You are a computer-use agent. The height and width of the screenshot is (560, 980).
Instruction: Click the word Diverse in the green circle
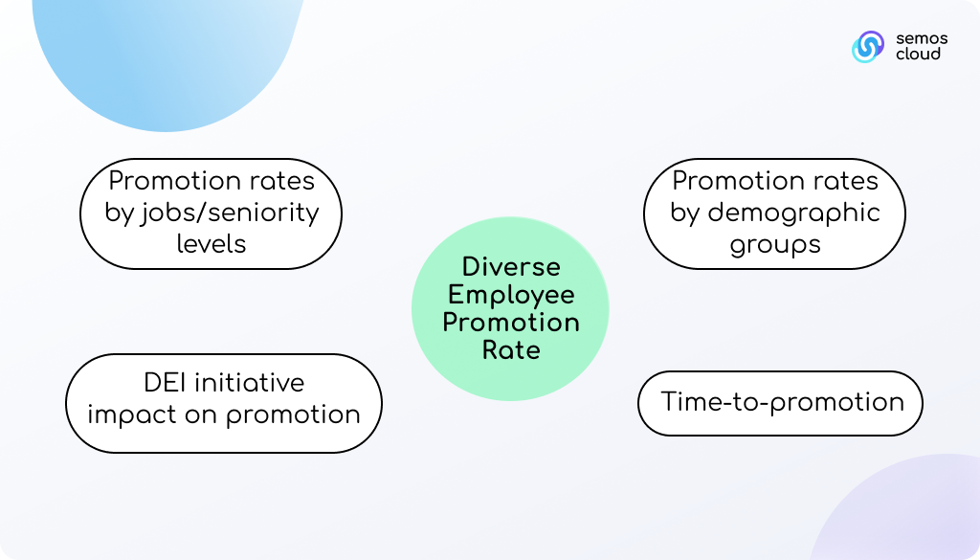511,267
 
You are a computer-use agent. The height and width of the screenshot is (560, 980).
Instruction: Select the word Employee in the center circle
511,296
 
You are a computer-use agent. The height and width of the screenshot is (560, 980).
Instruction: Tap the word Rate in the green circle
511,350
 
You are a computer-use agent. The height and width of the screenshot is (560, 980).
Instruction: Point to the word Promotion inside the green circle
511,323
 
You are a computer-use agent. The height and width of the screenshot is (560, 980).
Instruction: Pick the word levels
212,244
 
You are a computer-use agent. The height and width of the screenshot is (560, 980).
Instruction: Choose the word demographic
793,213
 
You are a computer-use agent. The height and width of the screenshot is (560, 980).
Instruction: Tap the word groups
775,245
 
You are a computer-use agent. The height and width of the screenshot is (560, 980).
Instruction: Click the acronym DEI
165,383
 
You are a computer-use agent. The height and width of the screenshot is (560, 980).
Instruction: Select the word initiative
250,383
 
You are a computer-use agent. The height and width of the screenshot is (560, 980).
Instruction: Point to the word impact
132,415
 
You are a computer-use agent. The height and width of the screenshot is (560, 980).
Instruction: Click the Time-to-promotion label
783,402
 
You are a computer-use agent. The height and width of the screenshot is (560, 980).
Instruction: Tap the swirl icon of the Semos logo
868,47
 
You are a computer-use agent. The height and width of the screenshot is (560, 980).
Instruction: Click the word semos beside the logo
922,38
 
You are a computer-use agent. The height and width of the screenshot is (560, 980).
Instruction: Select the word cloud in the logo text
918,54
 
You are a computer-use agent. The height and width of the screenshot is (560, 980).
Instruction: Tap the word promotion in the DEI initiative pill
293,415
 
